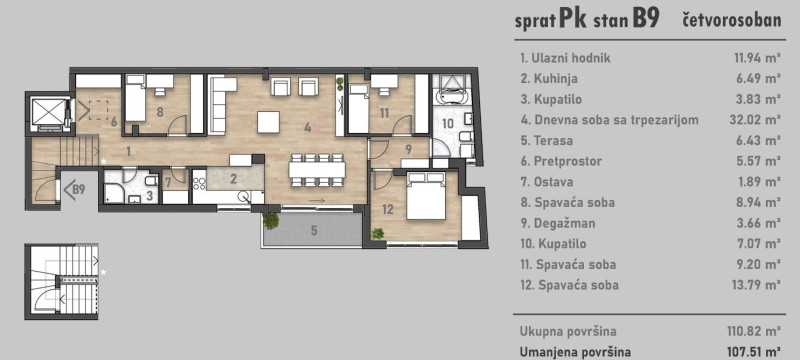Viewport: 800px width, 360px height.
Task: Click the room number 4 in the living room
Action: pos(307,127)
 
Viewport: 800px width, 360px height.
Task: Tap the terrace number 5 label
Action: pos(314,230)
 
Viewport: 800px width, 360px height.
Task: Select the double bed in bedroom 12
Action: pos(426,196)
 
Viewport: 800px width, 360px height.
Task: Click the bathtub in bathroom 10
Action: pos(449,96)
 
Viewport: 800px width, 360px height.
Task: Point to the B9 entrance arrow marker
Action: pos(74,190)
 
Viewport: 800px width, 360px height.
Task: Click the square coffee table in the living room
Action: pos(268,122)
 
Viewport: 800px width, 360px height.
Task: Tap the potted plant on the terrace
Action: pos(271,221)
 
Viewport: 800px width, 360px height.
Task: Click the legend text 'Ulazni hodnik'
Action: pos(571,58)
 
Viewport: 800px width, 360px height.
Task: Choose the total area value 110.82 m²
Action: pos(754,331)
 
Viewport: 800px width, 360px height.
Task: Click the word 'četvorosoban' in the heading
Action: pos(731,20)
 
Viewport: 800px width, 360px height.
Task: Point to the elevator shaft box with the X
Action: pos(46,112)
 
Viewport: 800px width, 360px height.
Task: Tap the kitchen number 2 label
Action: pos(233,178)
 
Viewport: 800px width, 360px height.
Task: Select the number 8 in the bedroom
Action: pos(160,112)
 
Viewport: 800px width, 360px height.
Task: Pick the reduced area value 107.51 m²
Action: pos(754,352)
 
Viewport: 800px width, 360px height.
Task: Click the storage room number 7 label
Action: pos(167,182)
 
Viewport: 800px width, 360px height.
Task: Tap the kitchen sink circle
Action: pos(244,196)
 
